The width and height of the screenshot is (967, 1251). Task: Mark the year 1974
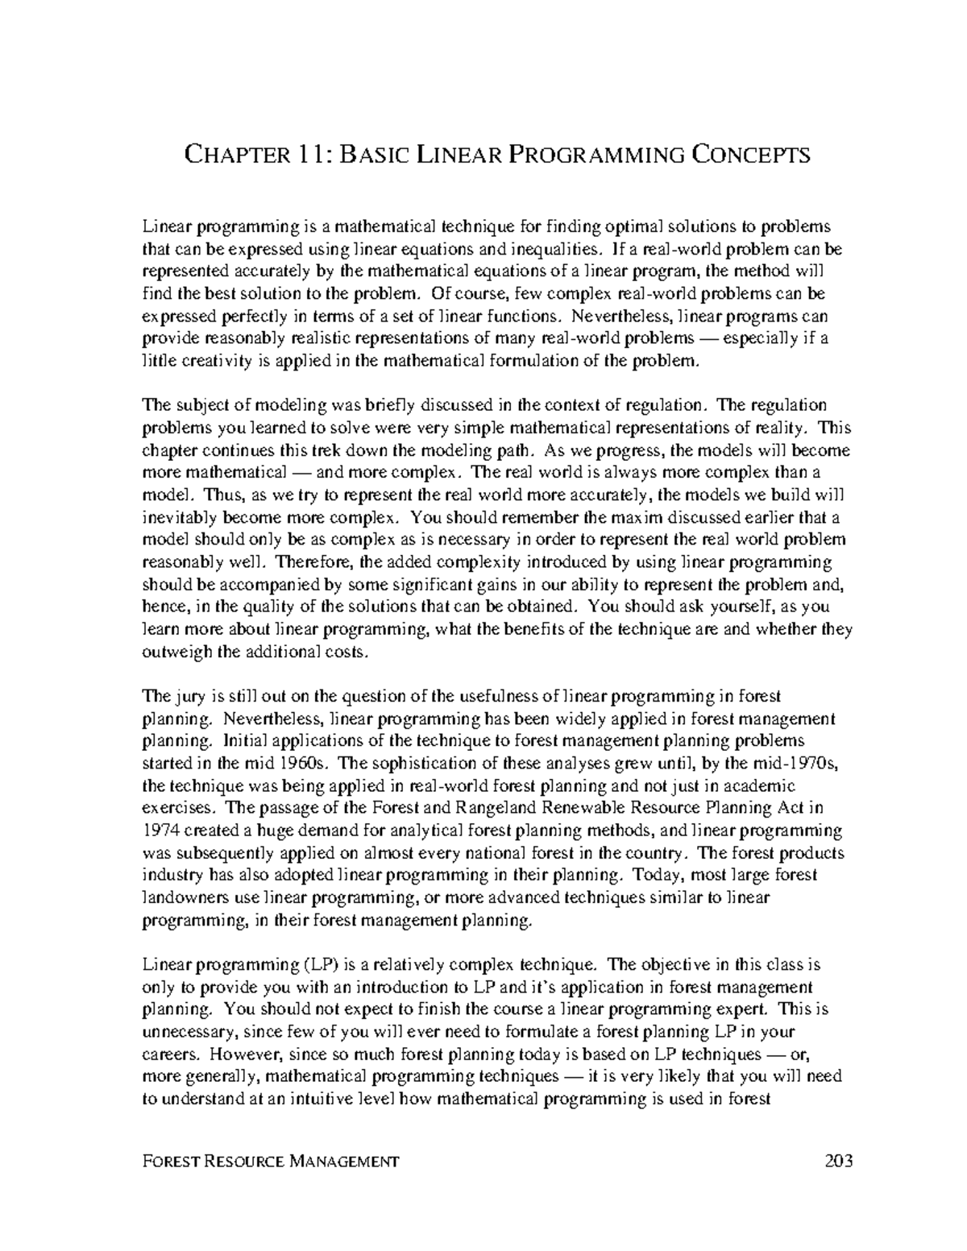coord(160,830)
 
